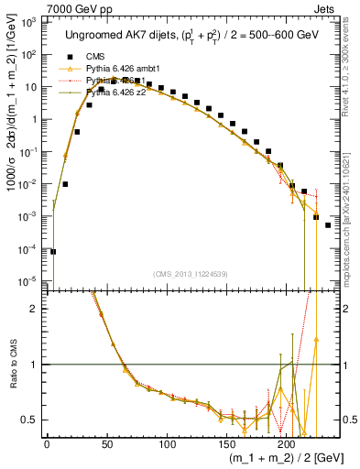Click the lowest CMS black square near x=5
53,251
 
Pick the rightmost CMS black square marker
328,224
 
